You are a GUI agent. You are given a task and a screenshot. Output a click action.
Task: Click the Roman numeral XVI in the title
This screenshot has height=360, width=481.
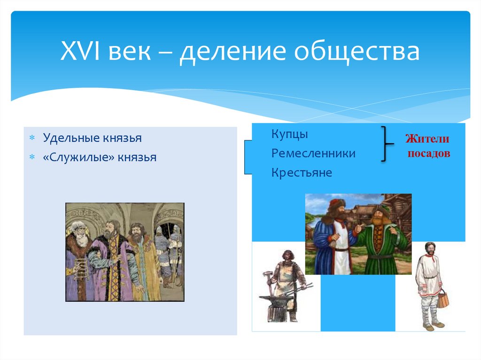tap(80, 51)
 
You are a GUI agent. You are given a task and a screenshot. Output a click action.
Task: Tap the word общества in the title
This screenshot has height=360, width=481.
tap(357, 52)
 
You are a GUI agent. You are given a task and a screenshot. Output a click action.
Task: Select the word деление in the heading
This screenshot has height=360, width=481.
tap(233, 53)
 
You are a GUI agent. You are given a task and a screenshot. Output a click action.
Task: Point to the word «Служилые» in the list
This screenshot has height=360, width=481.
tap(78, 157)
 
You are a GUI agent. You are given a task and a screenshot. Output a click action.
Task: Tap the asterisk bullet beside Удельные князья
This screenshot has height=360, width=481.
tap(32, 138)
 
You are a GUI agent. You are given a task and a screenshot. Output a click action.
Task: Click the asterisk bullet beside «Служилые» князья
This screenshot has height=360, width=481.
tap(32, 157)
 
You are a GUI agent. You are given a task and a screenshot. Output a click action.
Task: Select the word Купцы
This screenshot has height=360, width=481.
tap(289, 134)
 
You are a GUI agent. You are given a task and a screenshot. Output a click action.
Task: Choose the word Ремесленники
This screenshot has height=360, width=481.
tap(313, 153)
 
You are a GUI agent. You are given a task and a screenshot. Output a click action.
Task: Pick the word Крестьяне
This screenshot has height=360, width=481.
tap(302, 172)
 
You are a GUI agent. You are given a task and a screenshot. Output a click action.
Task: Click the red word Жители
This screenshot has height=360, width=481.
tap(427, 139)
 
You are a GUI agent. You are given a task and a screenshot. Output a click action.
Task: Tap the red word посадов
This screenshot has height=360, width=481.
tap(429, 153)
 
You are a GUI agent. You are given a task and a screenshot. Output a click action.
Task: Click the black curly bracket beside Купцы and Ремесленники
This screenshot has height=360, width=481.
tap(386, 144)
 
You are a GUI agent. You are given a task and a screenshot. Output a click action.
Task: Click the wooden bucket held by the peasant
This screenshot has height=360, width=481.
tap(442, 299)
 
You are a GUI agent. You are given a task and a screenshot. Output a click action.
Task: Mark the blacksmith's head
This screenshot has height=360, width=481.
tap(288, 256)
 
